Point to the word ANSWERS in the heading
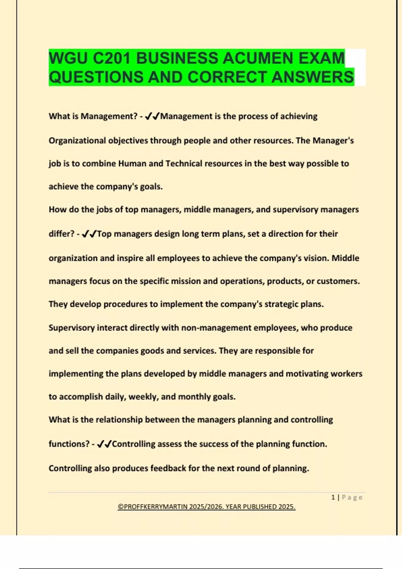click(313, 77)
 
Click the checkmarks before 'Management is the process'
click(152, 116)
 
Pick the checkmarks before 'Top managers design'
click(89, 234)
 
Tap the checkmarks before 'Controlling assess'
click(104, 444)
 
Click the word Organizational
click(77, 141)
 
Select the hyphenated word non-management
click(216, 328)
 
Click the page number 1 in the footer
click(333, 497)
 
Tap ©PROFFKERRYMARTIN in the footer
click(153, 507)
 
